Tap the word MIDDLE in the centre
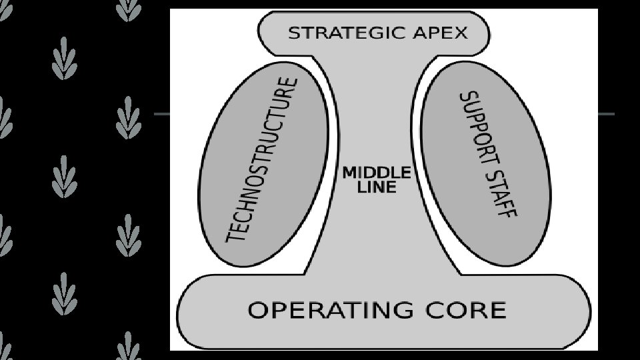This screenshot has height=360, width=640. coord(376,173)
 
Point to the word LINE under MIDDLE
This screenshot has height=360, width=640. coord(377,187)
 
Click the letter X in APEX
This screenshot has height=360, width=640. coord(460,33)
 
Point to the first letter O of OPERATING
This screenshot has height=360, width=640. coord(258,310)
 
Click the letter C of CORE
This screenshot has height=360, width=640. coord(433,310)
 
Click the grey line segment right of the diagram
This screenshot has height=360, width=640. coord(606,114)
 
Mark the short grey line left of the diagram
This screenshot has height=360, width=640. coord(162,114)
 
